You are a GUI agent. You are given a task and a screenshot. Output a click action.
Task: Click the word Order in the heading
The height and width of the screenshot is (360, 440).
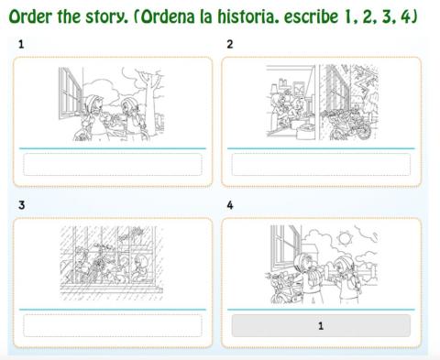(x=30, y=16)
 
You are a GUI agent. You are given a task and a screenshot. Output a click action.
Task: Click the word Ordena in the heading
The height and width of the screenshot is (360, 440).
(x=168, y=16)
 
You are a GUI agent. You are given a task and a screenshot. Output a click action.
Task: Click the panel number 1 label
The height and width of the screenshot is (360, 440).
(x=21, y=45)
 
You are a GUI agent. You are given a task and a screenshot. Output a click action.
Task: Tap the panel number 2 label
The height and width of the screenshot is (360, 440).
(x=230, y=45)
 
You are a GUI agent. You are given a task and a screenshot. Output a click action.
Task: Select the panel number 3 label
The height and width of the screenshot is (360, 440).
(x=21, y=205)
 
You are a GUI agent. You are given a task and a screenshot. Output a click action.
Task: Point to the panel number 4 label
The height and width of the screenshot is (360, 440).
(x=230, y=205)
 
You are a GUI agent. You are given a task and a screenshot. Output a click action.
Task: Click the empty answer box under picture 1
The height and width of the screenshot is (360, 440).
(x=113, y=165)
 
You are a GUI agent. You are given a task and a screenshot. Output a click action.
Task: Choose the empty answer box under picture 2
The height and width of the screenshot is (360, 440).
(x=321, y=165)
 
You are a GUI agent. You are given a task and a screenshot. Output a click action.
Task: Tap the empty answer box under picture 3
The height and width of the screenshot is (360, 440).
(x=113, y=326)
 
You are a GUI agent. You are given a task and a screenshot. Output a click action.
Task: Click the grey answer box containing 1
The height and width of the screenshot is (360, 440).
(x=321, y=326)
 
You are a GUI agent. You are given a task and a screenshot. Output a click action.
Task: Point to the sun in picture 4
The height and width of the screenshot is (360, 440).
(x=344, y=238)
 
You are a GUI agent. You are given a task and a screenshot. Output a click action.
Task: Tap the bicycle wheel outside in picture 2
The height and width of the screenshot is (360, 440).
(x=364, y=130)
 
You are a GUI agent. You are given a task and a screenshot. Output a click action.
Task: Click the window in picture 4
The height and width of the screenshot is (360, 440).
(x=285, y=248)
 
